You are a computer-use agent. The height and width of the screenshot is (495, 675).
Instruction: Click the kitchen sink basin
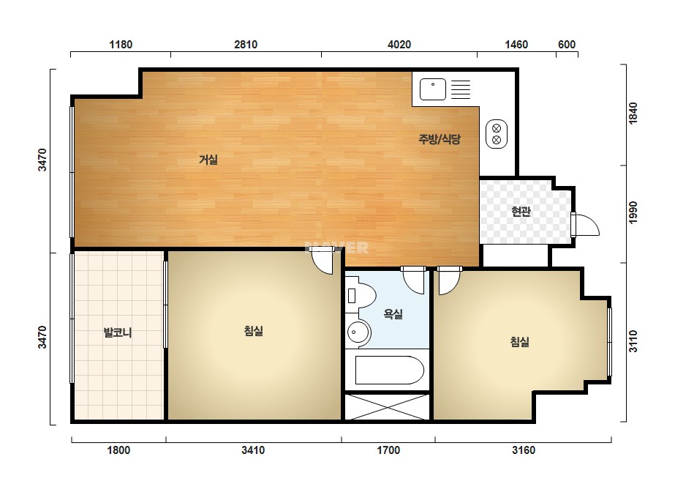pos(433,89)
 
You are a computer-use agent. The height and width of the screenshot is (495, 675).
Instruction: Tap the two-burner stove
pos(497,134)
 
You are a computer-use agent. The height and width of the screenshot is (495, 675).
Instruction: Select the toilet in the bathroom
pos(361,295)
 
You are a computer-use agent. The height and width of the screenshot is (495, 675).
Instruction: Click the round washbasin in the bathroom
pos(358,332)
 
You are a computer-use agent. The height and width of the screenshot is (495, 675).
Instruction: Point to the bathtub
pos(390,370)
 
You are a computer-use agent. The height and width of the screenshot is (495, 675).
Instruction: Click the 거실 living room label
pos(208,160)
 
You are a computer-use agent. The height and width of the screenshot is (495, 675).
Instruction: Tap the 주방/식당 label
pos(440,139)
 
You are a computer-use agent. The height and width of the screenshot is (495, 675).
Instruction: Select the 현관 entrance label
pos(521,212)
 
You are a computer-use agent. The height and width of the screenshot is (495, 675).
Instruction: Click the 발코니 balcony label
pos(118,332)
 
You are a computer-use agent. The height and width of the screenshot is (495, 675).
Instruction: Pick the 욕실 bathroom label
pos(393,313)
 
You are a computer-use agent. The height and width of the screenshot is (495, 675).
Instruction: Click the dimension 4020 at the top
pos(399,45)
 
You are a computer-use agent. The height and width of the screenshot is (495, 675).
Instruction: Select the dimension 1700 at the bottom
pos(388,450)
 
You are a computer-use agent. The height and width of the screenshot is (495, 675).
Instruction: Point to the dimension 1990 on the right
pos(633,212)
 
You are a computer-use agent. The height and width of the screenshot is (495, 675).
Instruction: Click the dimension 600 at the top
pos(567,45)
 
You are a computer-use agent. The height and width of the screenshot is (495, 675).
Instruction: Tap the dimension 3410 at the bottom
pos(253,450)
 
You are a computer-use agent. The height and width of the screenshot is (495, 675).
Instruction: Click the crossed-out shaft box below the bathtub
pos(387,406)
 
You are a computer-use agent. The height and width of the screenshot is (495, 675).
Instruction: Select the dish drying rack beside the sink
pos(461,89)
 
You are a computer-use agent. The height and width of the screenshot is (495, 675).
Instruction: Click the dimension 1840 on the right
pos(633,113)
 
